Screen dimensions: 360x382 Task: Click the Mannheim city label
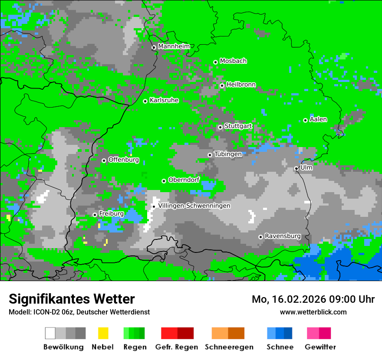174,46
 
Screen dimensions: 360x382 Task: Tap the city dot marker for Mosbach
215,62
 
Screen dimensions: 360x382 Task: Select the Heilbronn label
241,85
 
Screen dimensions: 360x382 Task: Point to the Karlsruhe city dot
145,101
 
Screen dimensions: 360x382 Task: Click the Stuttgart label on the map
238,126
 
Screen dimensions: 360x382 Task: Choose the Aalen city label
318,119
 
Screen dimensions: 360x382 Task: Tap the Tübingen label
228,154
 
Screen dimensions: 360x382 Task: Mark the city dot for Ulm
296,169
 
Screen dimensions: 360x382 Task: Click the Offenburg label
123,160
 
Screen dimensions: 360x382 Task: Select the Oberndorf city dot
164,181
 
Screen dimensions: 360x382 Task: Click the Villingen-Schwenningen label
194,206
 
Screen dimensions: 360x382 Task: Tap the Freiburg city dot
95,215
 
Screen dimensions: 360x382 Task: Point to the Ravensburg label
283,236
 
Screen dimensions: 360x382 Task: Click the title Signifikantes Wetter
72,299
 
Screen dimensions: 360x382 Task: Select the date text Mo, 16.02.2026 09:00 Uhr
313,299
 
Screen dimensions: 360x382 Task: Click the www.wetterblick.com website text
313,312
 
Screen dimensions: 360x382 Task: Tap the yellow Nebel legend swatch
103,333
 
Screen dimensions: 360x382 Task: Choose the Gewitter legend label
320,347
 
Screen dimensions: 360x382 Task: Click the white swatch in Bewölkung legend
50,333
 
